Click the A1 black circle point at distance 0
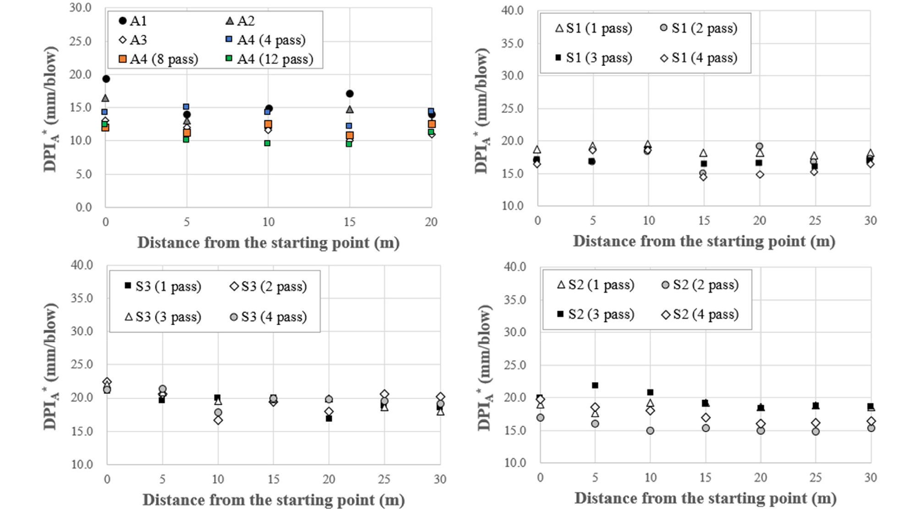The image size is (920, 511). (x=106, y=79)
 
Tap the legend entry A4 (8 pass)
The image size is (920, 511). (x=158, y=59)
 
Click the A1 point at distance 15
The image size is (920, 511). (x=350, y=93)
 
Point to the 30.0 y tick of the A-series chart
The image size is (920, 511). (x=80, y=8)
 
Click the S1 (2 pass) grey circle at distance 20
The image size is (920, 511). (x=759, y=147)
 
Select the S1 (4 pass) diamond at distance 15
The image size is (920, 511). (x=703, y=177)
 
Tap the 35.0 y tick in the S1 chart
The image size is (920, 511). (x=512, y=43)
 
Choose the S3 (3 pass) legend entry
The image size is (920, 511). (x=163, y=317)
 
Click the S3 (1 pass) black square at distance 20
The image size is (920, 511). (x=329, y=419)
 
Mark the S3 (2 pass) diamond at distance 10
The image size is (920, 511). (x=218, y=420)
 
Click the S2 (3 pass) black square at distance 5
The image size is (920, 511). (x=595, y=386)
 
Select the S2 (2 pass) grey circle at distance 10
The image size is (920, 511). (x=650, y=431)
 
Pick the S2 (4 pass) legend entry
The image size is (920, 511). (x=700, y=315)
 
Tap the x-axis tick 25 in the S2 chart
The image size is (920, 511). (x=816, y=478)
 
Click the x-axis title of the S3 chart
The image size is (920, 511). (x=274, y=500)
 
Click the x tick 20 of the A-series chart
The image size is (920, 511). (x=431, y=222)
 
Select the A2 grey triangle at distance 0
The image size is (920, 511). (x=105, y=98)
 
